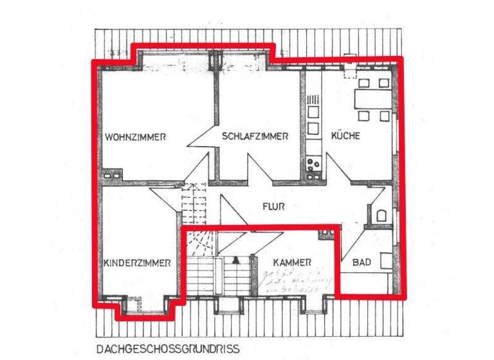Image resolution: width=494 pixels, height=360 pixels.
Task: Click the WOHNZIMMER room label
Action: pos(136,137)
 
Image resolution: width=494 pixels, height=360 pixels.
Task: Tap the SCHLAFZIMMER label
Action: pos(255,136)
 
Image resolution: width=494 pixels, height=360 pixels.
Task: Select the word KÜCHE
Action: pos(345,136)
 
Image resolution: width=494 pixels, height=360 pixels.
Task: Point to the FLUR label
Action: pos(273,207)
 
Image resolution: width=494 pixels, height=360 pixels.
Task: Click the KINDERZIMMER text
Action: pos(136,263)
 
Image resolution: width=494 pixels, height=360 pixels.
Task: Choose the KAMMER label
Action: pos(292,263)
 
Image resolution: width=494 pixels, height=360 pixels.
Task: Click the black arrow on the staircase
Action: pos(235,260)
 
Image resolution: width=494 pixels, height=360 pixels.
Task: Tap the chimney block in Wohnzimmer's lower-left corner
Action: pos(111,174)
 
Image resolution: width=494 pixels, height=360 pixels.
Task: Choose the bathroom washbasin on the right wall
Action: pos(384,261)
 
